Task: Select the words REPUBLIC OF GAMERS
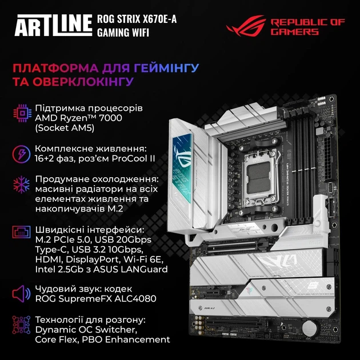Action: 307,26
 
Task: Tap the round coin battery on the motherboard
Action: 309,329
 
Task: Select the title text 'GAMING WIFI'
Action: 124,32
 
